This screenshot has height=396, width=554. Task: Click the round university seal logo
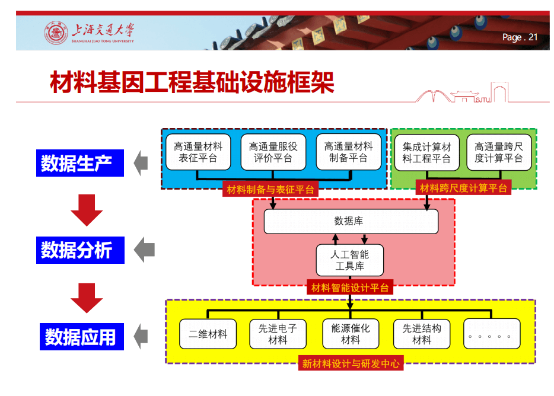point(56,33)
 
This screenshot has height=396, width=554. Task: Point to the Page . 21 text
point(520,37)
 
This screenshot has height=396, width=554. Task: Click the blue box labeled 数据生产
point(80,163)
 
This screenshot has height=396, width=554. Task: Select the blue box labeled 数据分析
point(80,250)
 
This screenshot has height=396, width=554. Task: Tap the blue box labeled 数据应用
point(82,337)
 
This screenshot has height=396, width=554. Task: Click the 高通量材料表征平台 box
point(198,152)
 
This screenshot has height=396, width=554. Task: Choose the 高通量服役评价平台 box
point(273,152)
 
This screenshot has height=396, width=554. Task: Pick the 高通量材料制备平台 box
point(348,152)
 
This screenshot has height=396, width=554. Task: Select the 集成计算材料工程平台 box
point(426,152)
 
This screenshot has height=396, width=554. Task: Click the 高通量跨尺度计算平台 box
point(499,152)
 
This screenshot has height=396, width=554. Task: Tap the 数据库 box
point(351,222)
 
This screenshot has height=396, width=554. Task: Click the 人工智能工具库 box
point(350,260)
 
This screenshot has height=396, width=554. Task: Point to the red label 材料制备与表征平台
point(270,190)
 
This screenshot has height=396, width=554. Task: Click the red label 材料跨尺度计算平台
point(463,188)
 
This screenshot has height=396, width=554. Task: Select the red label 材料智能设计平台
point(350,288)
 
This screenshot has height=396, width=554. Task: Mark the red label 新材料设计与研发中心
point(351,363)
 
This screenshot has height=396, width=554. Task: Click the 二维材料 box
point(208,334)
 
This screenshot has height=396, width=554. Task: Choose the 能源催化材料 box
point(351,334)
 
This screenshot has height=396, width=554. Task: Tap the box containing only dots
point(492,334)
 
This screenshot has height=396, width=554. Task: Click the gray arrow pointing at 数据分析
point(145,250)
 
